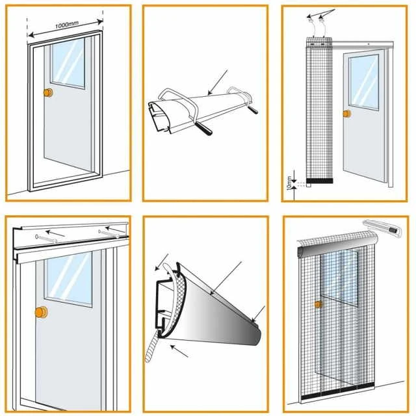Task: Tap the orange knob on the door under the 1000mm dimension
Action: point(47,93)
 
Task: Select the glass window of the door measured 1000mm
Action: point(68,64)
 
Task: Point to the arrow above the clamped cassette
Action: point(217,81)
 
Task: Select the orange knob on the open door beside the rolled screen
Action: point(346,114)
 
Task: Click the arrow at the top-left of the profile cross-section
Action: point(160,263)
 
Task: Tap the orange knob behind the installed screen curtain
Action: point(318,304)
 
